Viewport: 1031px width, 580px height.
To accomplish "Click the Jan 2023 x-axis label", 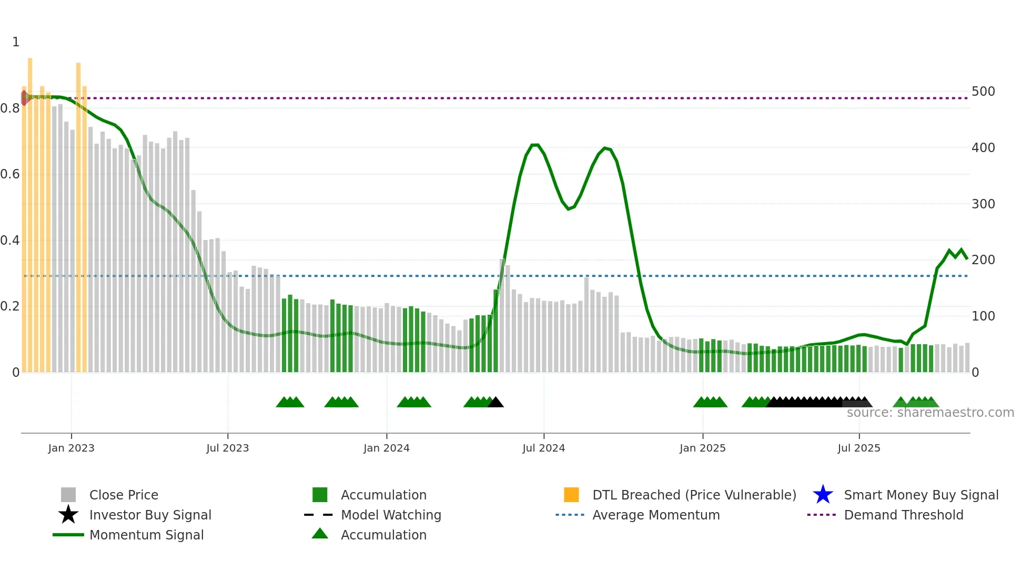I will (x=71, y=448).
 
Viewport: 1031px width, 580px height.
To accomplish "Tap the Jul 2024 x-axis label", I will (x=543, y=448).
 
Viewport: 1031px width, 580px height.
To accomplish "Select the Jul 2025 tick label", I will (x=858, y=448).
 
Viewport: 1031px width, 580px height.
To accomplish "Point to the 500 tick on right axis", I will (x=983, y=92).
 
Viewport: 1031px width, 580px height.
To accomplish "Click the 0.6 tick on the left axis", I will (x=10, y=174).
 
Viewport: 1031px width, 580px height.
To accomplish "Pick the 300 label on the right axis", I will (x=983, y=204).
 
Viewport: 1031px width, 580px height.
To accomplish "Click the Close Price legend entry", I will (x=123, y=495).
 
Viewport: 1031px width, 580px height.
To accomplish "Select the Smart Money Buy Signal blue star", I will (x=823, y=495).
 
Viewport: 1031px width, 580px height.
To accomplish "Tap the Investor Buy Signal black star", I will (x=68, y=515).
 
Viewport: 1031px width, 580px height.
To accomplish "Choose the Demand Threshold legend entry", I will (x=903, y=515).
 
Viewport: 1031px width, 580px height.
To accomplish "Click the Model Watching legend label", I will (x=391, y=515).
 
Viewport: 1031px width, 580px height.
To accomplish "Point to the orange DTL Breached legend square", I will (x=571, y=495).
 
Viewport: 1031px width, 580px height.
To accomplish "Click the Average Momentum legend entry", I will (x=655, y=515).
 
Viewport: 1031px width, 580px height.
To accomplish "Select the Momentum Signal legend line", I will (x=68, y=535).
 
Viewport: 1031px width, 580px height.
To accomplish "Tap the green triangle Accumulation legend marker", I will (x=320, y=534).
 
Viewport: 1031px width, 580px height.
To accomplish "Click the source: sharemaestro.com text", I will (x=930, y=413).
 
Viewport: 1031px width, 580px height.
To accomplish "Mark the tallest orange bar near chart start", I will (x=30, y=211).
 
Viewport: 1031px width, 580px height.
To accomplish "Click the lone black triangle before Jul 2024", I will (x=496, y=403).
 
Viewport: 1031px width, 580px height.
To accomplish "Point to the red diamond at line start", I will (x=24, y=98).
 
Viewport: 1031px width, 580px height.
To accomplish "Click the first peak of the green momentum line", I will (x=534, y=145).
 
